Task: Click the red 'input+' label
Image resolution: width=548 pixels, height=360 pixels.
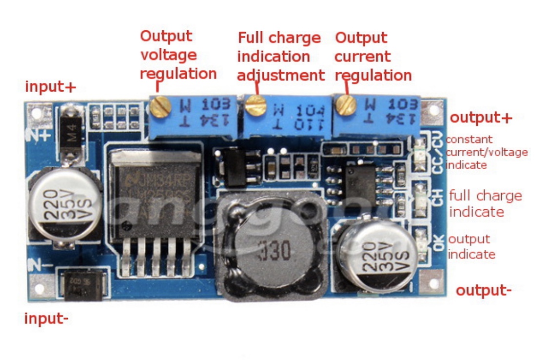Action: click(x=51, y=87)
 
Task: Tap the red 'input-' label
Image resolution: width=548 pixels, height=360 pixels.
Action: click(x=46, y=319)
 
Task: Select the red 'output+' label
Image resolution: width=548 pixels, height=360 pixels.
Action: click(x=481, y=118)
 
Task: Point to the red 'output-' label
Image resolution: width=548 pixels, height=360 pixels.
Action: click(x=484, y=291)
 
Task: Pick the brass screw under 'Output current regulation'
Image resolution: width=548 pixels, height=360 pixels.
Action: click(x=346, y=104)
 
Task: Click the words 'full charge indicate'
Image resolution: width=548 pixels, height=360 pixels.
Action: click(x=485, y=204)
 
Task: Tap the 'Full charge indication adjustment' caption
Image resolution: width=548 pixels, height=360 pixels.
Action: click(x=280, y=57)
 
